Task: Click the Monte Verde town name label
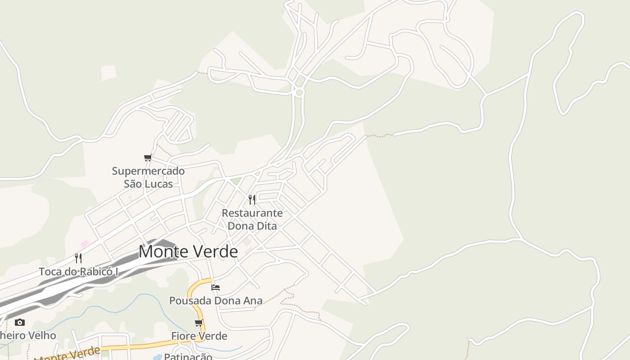188,252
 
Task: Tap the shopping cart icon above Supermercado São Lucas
148,158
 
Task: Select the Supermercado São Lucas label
148,177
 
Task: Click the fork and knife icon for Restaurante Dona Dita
252,199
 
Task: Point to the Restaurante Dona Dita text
252,219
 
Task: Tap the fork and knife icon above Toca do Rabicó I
78,258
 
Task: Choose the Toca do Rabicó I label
78,272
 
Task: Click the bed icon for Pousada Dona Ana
216,287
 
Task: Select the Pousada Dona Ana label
216,301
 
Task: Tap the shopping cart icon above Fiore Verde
199,323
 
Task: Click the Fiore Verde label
199,336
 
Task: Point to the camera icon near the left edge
19,322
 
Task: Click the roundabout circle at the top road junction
299,92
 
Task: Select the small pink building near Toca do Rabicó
85,243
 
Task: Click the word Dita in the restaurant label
265,226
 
